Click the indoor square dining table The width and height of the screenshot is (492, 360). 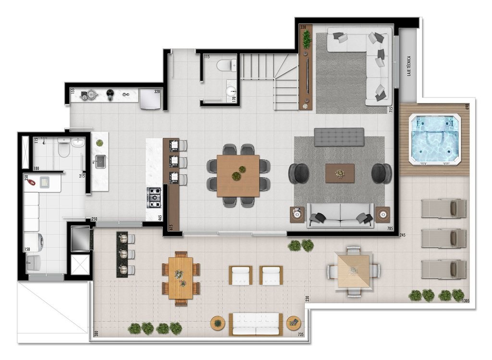238,175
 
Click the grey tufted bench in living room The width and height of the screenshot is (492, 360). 339,137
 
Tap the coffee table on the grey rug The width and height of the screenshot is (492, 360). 340,173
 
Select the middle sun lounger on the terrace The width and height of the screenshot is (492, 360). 443,238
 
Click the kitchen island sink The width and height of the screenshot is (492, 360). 101,161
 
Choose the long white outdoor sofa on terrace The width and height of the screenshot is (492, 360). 255,324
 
